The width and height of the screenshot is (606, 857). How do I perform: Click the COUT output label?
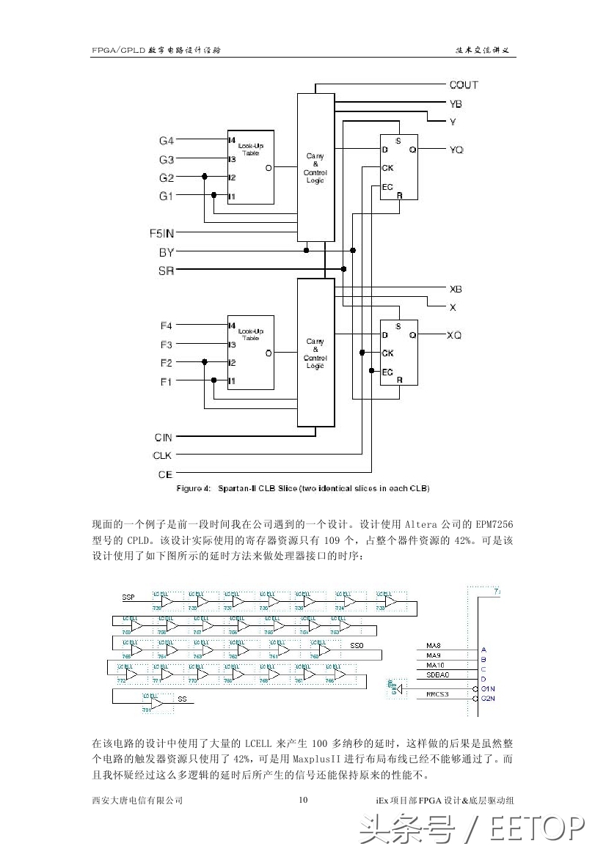point(464,85)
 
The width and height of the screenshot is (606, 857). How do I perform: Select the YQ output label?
point(456,150)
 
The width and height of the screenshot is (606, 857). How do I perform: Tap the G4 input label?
point(167,140)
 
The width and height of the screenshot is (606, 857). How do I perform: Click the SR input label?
point(167,271)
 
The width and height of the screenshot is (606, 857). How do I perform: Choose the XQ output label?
point(455,335)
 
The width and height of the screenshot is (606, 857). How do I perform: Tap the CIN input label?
point(164,437)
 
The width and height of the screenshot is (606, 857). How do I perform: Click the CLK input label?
point(162,455)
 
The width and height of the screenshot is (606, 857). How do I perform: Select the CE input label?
point(165,474)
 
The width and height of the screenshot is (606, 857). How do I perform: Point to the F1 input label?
point(167,381)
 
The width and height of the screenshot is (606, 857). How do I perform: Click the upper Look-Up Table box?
point(250,167)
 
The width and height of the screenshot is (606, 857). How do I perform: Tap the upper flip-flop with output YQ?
point(398,167)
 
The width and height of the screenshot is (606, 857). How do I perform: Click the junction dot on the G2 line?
point(205,177)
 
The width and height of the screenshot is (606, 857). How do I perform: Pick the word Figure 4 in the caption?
point(193,488)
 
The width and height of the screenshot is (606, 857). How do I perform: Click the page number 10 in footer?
point(303,800)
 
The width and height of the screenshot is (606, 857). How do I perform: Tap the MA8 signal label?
point(434,646)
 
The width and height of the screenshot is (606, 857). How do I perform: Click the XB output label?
point(456,290)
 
